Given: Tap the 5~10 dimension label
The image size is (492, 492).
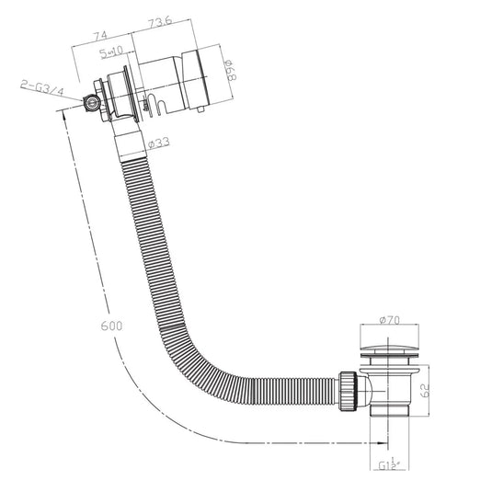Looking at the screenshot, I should coord(114,53).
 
